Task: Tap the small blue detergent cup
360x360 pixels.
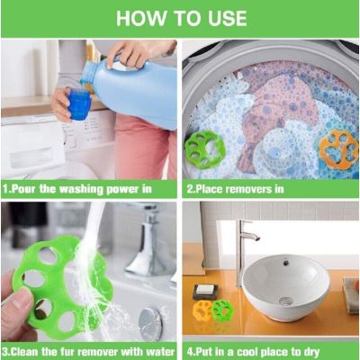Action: coord(79,103)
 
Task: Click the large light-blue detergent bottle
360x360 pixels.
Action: coord(132,90)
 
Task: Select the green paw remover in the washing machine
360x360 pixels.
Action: coord(204,149)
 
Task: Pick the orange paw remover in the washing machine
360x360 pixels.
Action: coord(338,149)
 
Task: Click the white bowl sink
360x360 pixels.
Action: coord(286,287)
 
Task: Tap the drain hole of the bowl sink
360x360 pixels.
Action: coord(285,301)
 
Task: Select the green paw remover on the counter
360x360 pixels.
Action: coord(222,309)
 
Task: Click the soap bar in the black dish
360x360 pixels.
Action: coord(205,290)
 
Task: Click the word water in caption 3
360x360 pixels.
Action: coord(161,352)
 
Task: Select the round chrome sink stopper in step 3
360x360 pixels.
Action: coord(150,321)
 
